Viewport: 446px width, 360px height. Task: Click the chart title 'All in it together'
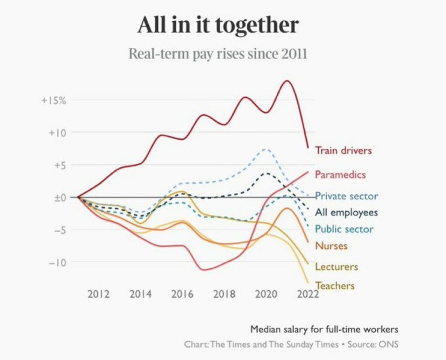pos(218,25)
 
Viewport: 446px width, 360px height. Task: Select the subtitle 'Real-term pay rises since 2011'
pos(218,54)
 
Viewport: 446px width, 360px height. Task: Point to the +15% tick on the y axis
pos(53,100)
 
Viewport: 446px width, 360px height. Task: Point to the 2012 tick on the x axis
pos(98,294)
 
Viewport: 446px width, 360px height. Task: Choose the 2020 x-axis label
pos(265,294)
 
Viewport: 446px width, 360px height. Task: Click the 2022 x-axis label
pos(307,294)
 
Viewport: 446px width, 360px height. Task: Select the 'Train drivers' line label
pos(343,151)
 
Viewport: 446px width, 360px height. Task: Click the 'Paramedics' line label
pos(340,175)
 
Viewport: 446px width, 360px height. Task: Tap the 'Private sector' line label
pos(346,196)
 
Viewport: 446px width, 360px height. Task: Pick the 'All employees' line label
pos(346,212)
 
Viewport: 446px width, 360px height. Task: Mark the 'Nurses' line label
pos(331,245)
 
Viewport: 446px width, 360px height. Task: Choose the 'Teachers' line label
pos(335,286)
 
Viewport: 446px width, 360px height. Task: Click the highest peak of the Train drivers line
pos(286,80)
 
